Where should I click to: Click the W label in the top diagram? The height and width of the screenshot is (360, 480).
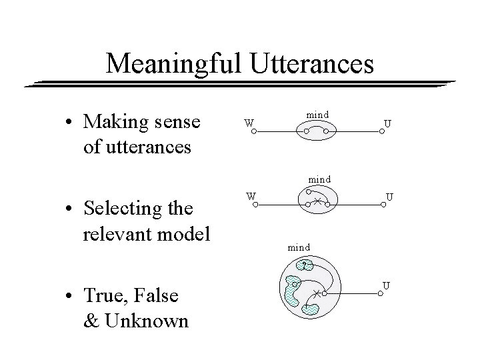click(x=248, y=122)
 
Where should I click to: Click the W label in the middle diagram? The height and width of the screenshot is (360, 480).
click(x=248, y=196)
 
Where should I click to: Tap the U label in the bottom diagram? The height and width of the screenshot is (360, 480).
click(x=386, y=286)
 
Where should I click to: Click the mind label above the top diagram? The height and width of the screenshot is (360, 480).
click(x=317, y=115)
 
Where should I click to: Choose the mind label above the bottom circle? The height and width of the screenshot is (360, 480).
click(x=299, y=247)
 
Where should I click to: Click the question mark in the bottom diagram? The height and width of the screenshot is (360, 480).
click(x=303, y=265)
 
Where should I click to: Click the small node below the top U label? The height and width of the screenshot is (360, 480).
click(x=383, y=131)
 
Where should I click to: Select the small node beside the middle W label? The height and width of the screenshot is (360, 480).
click(x=254, y=205)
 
